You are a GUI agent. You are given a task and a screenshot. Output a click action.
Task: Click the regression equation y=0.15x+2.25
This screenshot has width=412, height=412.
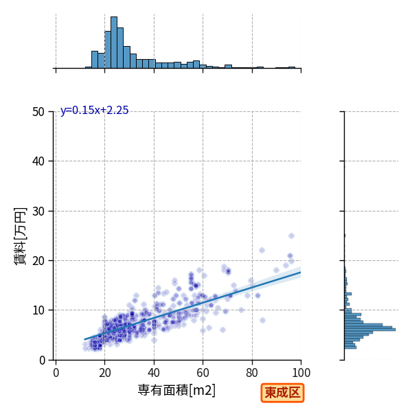pyautogui.click(x=94, y=110)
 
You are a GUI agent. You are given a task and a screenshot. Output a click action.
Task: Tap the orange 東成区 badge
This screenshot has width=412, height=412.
pyautogui.click(x=282, y=393)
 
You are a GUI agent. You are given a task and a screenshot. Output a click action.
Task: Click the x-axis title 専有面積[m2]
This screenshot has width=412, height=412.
pyautogui.click(x=176, y=390)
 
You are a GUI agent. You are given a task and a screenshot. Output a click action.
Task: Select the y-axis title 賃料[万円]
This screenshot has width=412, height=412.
pyautogui.click(x=21, y=236)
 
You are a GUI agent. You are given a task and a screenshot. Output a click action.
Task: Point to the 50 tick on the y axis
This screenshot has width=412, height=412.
pyautogui.click(x=38, y=112)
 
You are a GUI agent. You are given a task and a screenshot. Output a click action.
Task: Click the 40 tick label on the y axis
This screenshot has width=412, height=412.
pyautogui.click(x=38, y=161)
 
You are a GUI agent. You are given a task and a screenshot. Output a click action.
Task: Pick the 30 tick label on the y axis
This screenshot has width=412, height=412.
pyautogui.click(x=38, y=211)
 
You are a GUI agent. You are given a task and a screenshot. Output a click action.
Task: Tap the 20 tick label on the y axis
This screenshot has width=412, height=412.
pyautogui.click(x=38, y=261)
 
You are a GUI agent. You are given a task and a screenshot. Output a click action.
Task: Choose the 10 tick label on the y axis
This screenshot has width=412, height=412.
pyautogui.click(x=38, y=310)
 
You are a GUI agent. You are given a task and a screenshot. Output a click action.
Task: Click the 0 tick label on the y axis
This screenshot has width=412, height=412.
pyautogui.click(x=42, y=360)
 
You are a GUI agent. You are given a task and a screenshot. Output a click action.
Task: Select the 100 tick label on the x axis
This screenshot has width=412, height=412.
pyautogui.click(x=301, y=373)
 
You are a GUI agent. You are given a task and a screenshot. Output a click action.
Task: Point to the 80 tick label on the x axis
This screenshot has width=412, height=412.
pyautogui.click(x=252, y=373)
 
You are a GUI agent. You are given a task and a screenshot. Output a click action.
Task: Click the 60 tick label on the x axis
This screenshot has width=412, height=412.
pyautogui.click(x=203, y=373)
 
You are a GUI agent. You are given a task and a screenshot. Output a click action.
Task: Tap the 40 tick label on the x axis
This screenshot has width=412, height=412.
pyautogui.click(x=154, y=373)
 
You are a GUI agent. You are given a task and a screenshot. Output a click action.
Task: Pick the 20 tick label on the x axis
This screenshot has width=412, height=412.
pyautogui.click(x=105, y=373)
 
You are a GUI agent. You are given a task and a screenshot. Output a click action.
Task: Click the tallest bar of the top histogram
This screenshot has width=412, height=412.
pyautogui.click(x=114, y=43)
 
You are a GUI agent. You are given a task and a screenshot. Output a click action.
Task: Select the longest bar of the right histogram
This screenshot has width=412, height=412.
pyautogui.click(x=370, y=330)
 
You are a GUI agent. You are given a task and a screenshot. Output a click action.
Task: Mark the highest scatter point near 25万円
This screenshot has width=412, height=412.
pyautogui.click(x=291, y=236)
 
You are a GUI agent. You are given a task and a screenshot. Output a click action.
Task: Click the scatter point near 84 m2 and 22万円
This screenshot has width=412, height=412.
pyautogui.click(x=262, y=250)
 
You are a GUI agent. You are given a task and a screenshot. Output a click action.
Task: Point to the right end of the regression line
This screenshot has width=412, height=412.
pyautogui.click(x=301, y=272)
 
